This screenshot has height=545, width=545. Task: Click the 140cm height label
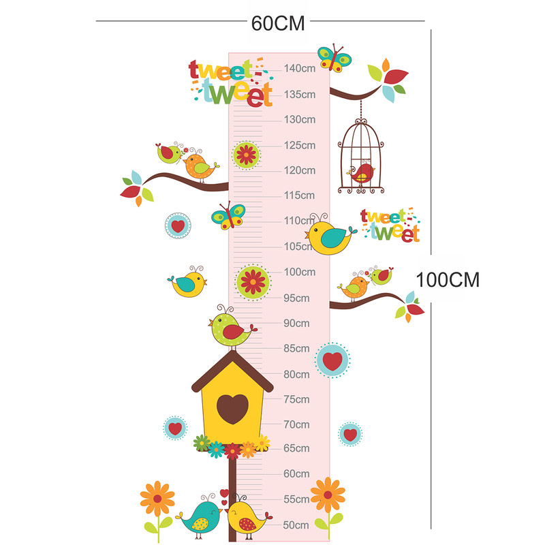click(300, 68)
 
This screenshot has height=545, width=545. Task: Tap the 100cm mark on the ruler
click(300, 272)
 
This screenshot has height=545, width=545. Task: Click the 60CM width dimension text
click(278, 22)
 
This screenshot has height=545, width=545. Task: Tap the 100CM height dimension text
click(448, 280)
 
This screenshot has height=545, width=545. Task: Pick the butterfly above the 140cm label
click(334, 58)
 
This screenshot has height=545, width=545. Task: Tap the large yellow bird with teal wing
click(329, 236)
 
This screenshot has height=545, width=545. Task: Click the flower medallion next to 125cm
click(245, 155)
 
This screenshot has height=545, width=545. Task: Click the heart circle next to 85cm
click(332, 360)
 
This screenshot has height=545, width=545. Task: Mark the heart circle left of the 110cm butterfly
click(178, 225)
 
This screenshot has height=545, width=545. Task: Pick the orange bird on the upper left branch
click(198, 166)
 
